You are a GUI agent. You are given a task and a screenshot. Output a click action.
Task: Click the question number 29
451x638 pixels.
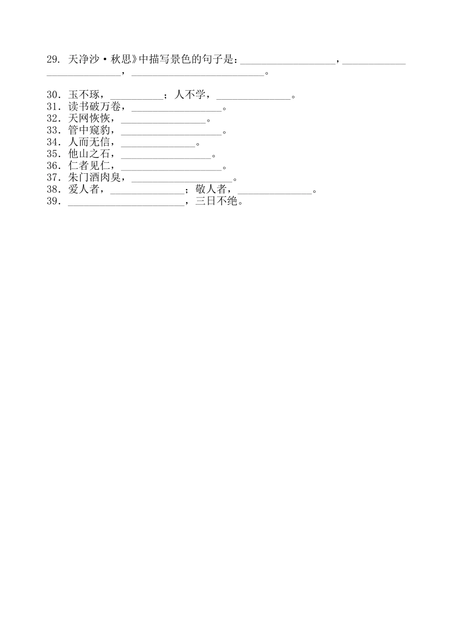pos(52,59)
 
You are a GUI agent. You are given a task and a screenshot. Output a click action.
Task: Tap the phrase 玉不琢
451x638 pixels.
pos(84,94)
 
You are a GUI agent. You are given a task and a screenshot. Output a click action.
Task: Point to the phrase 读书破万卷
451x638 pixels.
pos(94,106)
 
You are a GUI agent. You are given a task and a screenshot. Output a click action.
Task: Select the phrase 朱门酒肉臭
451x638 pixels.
pos(94,178)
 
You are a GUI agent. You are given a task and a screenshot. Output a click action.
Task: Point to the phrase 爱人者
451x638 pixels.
pos(84,189)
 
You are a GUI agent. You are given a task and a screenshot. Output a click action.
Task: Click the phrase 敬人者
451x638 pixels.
pos(211,189)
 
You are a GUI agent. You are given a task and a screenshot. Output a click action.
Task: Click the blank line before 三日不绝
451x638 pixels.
pos(126,203)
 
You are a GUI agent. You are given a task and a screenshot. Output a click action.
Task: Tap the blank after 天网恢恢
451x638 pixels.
pos(163,120)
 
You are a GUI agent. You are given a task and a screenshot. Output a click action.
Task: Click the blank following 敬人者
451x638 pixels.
pos(275,191)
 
